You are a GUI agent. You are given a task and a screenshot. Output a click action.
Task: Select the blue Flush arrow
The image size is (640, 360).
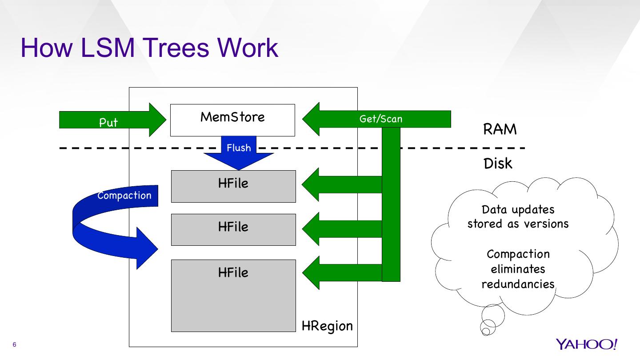(239, 153)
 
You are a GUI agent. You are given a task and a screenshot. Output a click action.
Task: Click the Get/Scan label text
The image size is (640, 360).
(380, 119)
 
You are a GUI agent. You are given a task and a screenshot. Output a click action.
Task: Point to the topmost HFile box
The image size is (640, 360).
(233, 186)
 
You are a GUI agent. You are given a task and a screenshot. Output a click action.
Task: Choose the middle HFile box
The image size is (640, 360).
(233, 230)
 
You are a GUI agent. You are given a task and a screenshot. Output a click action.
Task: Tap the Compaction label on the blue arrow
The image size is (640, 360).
(124, 196)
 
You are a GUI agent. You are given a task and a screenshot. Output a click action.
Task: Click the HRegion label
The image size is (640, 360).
(327, 326)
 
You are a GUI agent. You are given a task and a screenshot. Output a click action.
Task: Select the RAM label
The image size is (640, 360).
(500, 129)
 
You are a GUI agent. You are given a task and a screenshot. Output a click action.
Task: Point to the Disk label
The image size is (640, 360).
(498, 164)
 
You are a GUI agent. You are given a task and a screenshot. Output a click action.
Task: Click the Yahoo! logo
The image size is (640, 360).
(586, 344)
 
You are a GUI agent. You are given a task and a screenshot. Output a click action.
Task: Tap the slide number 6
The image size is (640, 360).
(15, 345)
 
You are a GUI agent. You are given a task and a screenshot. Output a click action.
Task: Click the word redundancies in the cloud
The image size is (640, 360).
(518, 284)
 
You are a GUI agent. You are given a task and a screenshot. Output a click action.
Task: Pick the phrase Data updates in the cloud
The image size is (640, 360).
(518, 209)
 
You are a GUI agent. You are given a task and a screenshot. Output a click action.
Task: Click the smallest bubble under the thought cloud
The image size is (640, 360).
(486, 331)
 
